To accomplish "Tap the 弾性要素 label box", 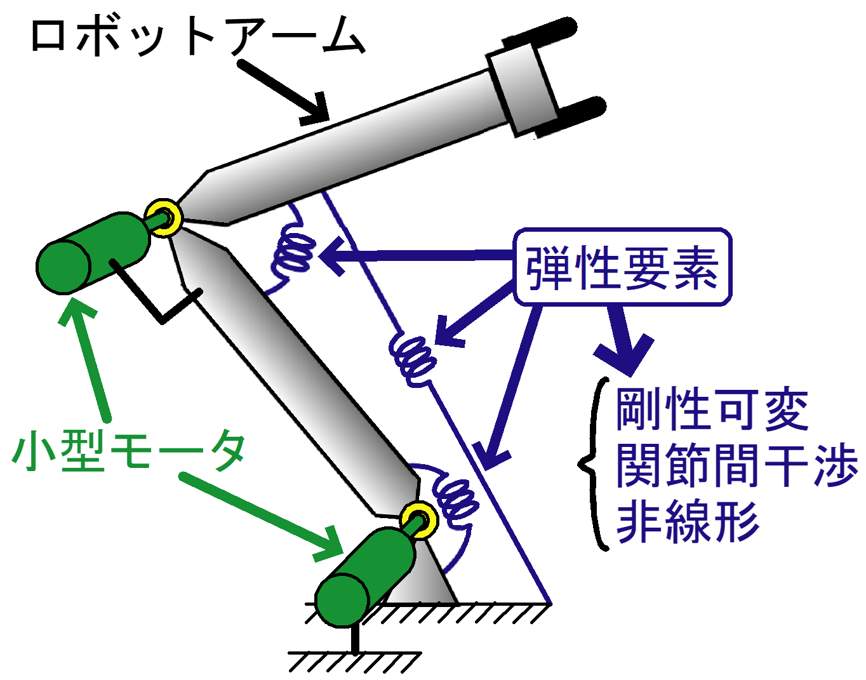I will click(x=622, y=267).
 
